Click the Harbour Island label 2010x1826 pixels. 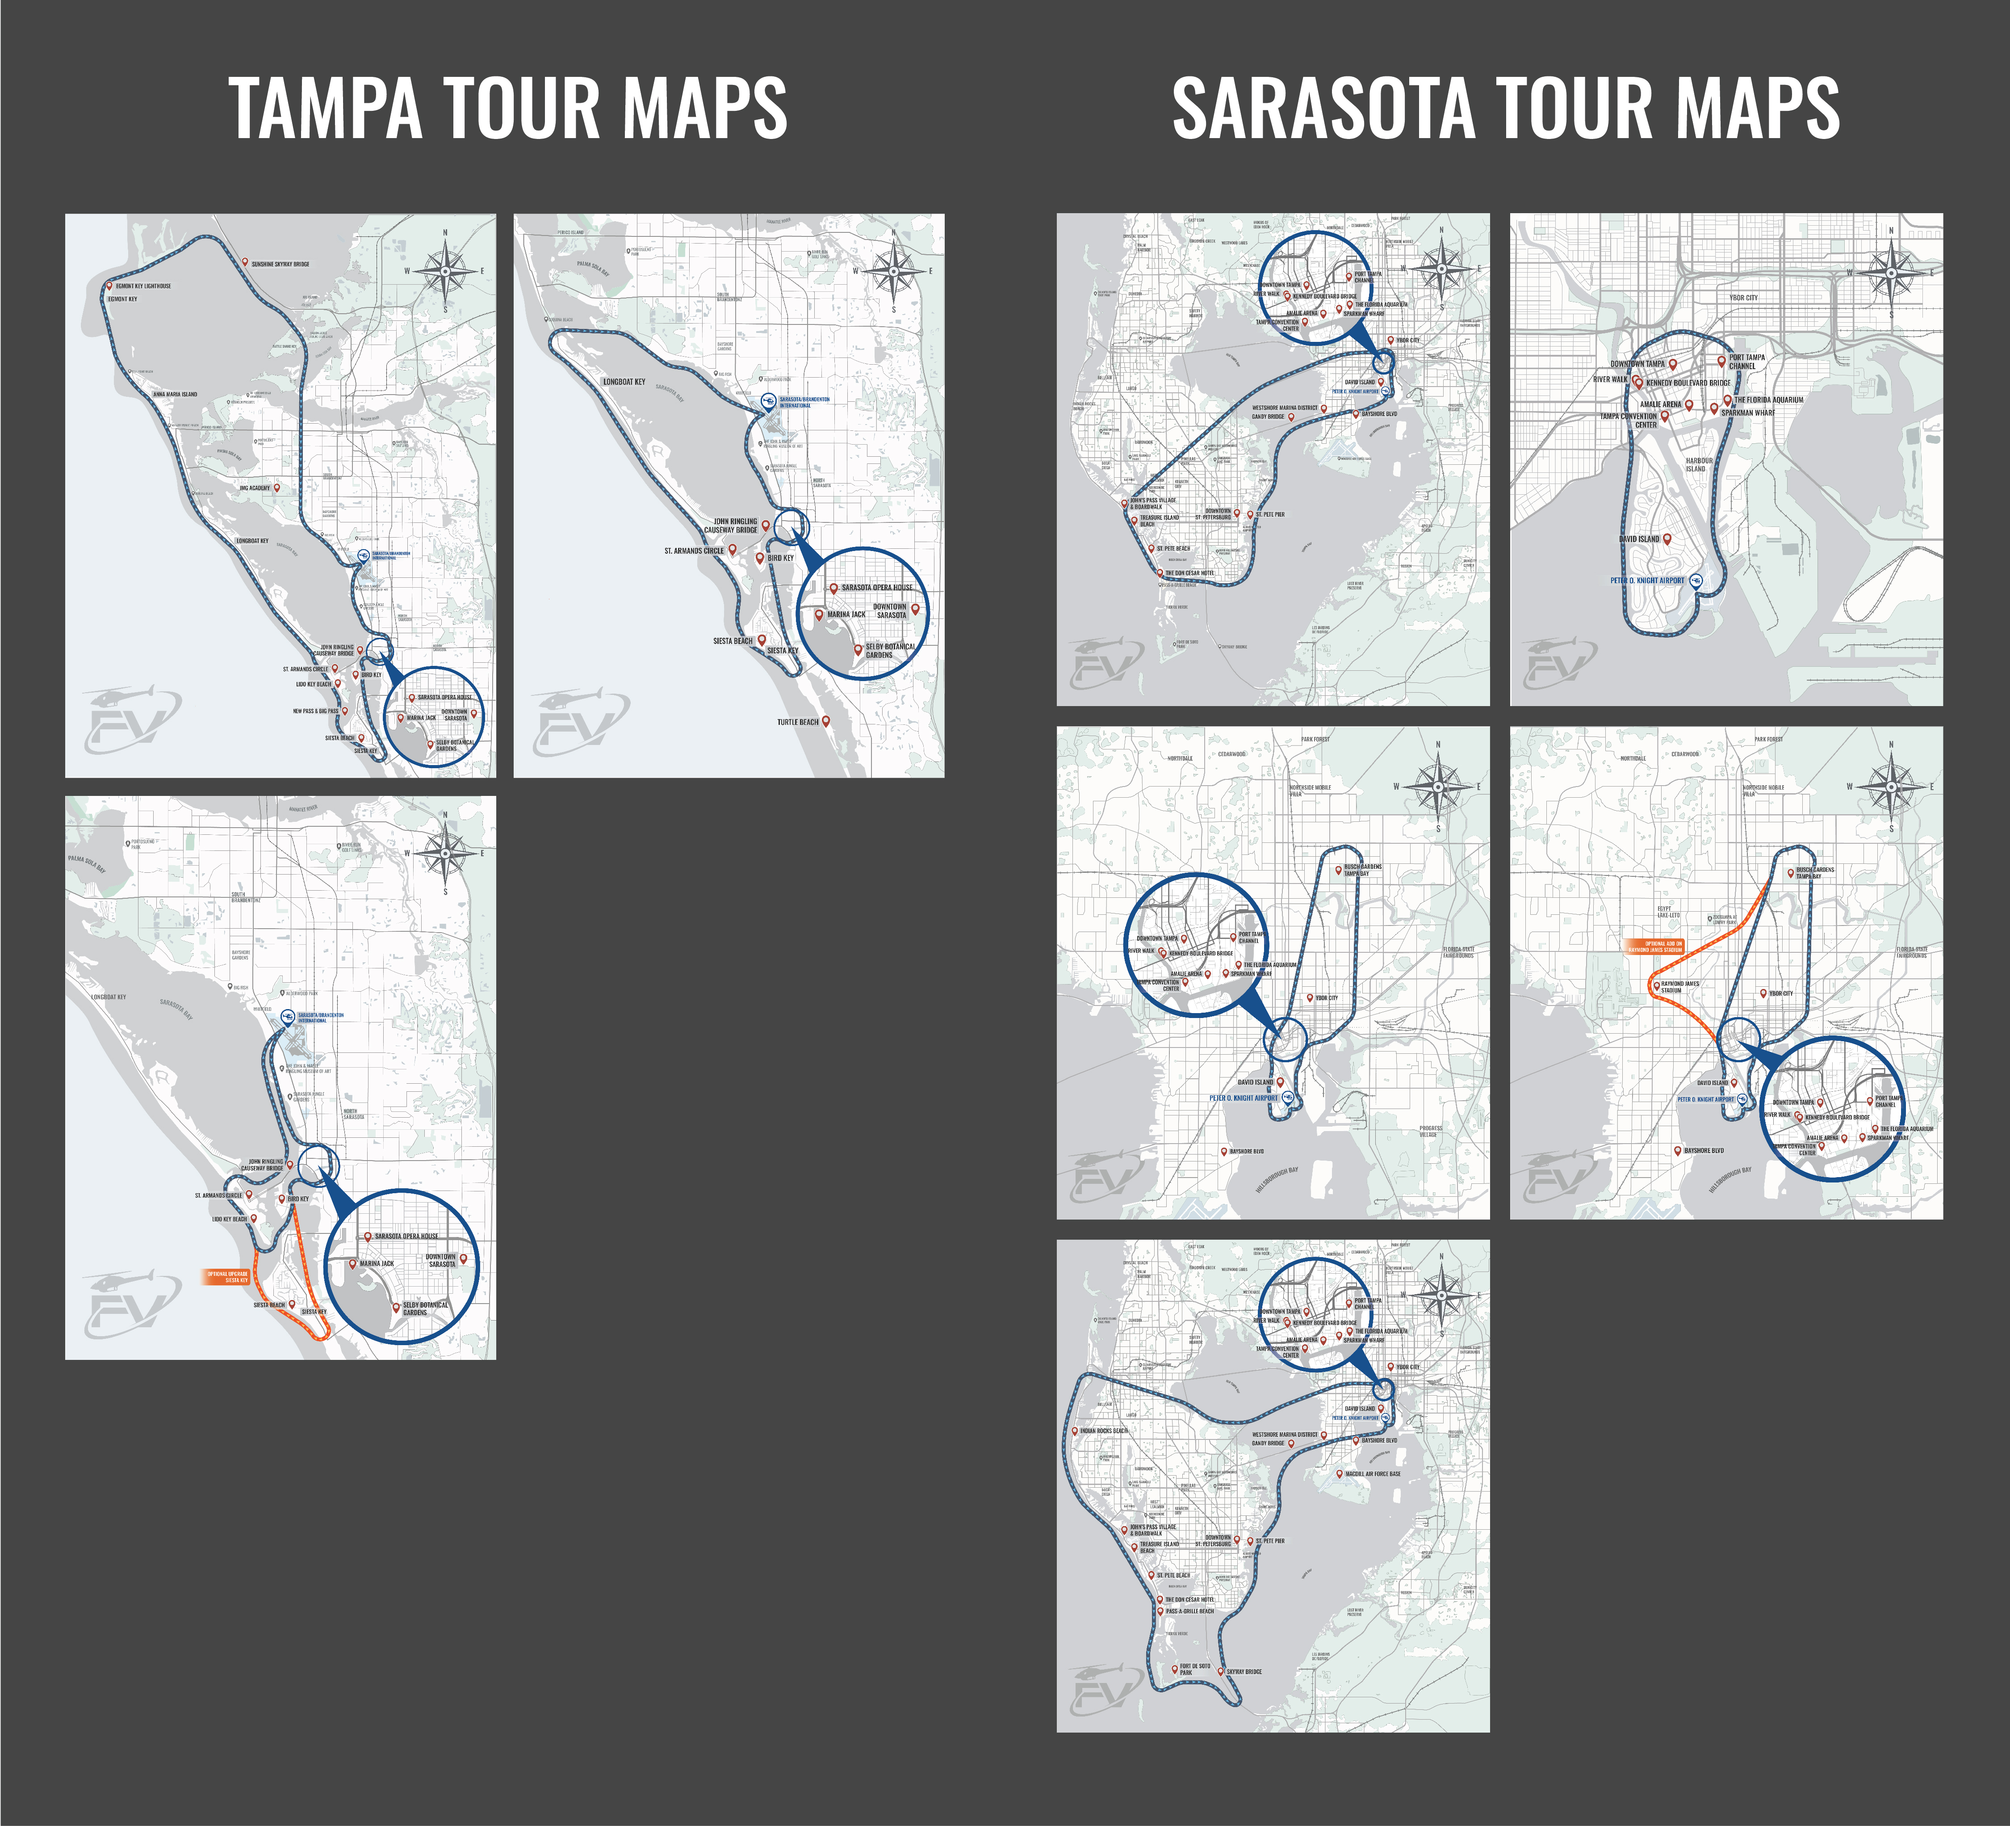1699,465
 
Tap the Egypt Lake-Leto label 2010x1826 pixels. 1668,912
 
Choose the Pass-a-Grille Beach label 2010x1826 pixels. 1189,1611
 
